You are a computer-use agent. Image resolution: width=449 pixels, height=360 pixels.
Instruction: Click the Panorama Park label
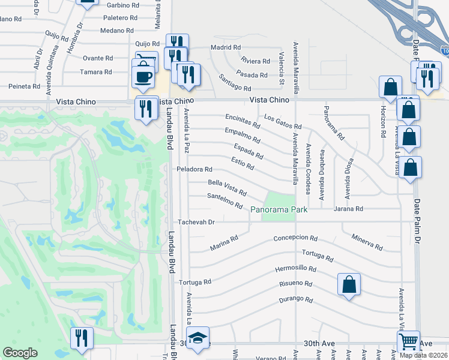(x=279, y=209)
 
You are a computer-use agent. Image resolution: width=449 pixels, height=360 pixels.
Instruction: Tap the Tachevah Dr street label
(x=194, y=222)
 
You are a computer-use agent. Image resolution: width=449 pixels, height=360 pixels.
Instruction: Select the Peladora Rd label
(x=194, y=170)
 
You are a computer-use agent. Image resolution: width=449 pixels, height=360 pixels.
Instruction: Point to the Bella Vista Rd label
(x=227, y=188)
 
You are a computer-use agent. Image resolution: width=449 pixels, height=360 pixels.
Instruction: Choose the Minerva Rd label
(x=367, y=242)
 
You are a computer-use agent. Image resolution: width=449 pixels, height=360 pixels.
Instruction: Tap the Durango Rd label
(x=296, y=299)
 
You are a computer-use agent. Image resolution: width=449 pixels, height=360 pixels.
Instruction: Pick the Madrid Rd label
(x=225, y=47)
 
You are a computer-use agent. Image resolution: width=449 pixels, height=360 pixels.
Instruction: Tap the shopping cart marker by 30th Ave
(x=409, y=342)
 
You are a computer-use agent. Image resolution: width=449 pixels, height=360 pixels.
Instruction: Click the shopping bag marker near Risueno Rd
(x=349, y=286)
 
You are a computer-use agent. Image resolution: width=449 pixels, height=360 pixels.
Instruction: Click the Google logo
(x=20, y=353)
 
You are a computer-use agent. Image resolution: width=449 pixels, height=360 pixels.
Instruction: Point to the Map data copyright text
(x=423, y=355)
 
